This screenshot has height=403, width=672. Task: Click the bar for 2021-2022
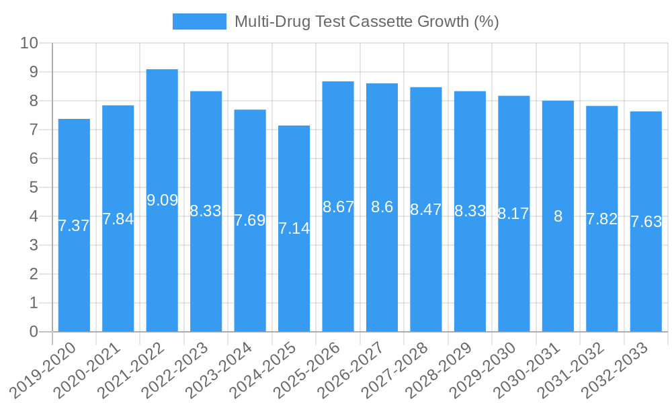pyautogui.click(x=162, y=201)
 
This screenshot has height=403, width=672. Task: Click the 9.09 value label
pyautogui.click(x=162, y=200)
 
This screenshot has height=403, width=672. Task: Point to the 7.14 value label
pyautogui.click(x=294, y=228)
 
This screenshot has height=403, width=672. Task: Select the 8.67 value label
pyautogui.click(x=338, y=207)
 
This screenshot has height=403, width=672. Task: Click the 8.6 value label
pyautogui.click(x=382, y=208)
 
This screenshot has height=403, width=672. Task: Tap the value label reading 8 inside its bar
pyautogui.click(x=558, y=216)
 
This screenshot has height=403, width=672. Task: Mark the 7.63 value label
pyautogui.click(x=646, y=222)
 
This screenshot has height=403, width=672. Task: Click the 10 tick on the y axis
pyautogui.click(x=29, y=43)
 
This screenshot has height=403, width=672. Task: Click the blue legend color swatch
pyautogui.click(x=199, y=21)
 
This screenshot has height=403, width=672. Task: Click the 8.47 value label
pyautogui.click(x=426, y=210)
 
